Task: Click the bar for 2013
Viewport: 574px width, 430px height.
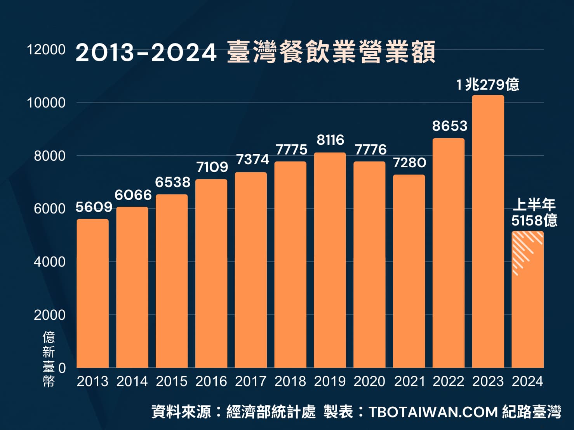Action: tap(92, 293)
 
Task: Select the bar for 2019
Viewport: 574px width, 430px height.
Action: tap(330, 260)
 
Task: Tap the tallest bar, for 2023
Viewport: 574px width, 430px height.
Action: tap(488, 231)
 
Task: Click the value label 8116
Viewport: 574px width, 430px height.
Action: tap(330, 140)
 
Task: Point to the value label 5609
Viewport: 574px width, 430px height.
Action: tap(94, 207)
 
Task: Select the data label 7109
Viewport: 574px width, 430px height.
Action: tap(212, 167)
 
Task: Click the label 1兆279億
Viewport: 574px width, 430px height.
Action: tap(487, 84)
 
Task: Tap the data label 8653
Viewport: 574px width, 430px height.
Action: tap(449, 126)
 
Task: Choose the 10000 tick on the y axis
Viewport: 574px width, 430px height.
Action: tap(46, 103)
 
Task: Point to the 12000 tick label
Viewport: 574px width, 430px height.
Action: tap(46, 50)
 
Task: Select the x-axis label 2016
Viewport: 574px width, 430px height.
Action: tap(211, 381)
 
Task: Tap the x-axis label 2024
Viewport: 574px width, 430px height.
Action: tap(527, 381)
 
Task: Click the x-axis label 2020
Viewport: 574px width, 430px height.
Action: tap(369, 381)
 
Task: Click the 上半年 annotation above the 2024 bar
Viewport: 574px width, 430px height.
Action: tap(534, 204)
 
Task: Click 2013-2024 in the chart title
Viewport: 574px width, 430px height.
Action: tap(146, 53)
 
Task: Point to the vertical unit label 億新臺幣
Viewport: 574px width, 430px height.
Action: tap(49, 359)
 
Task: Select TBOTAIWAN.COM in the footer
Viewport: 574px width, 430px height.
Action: tap(433, 412)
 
